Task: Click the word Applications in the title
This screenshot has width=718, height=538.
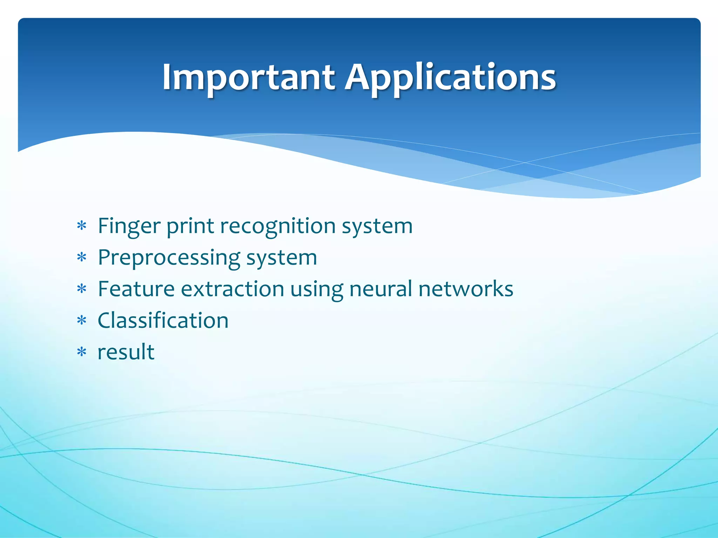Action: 450,78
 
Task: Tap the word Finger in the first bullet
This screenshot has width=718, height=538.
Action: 129,226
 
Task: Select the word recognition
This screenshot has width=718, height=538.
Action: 277,226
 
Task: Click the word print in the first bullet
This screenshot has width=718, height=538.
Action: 190,226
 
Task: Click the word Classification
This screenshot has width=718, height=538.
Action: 163,320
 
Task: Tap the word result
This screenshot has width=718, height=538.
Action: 126,352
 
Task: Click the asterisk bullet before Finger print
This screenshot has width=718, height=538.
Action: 82,226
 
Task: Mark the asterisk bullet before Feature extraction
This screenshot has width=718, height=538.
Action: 82,289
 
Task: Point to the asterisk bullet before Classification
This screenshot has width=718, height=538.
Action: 82,320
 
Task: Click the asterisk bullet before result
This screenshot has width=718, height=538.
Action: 82,352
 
